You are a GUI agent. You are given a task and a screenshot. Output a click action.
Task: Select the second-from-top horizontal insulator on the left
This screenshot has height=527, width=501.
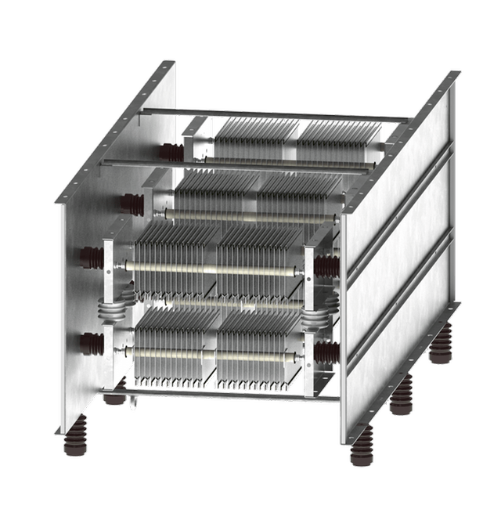(x=132, y=206)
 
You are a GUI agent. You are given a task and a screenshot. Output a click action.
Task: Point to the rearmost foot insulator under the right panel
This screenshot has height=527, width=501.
(x=441, y=345)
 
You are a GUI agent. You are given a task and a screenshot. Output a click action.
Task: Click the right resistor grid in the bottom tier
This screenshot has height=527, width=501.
(x=255, y=352)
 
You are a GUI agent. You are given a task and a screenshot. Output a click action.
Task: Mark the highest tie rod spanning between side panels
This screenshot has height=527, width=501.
(x=274, y=116)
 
